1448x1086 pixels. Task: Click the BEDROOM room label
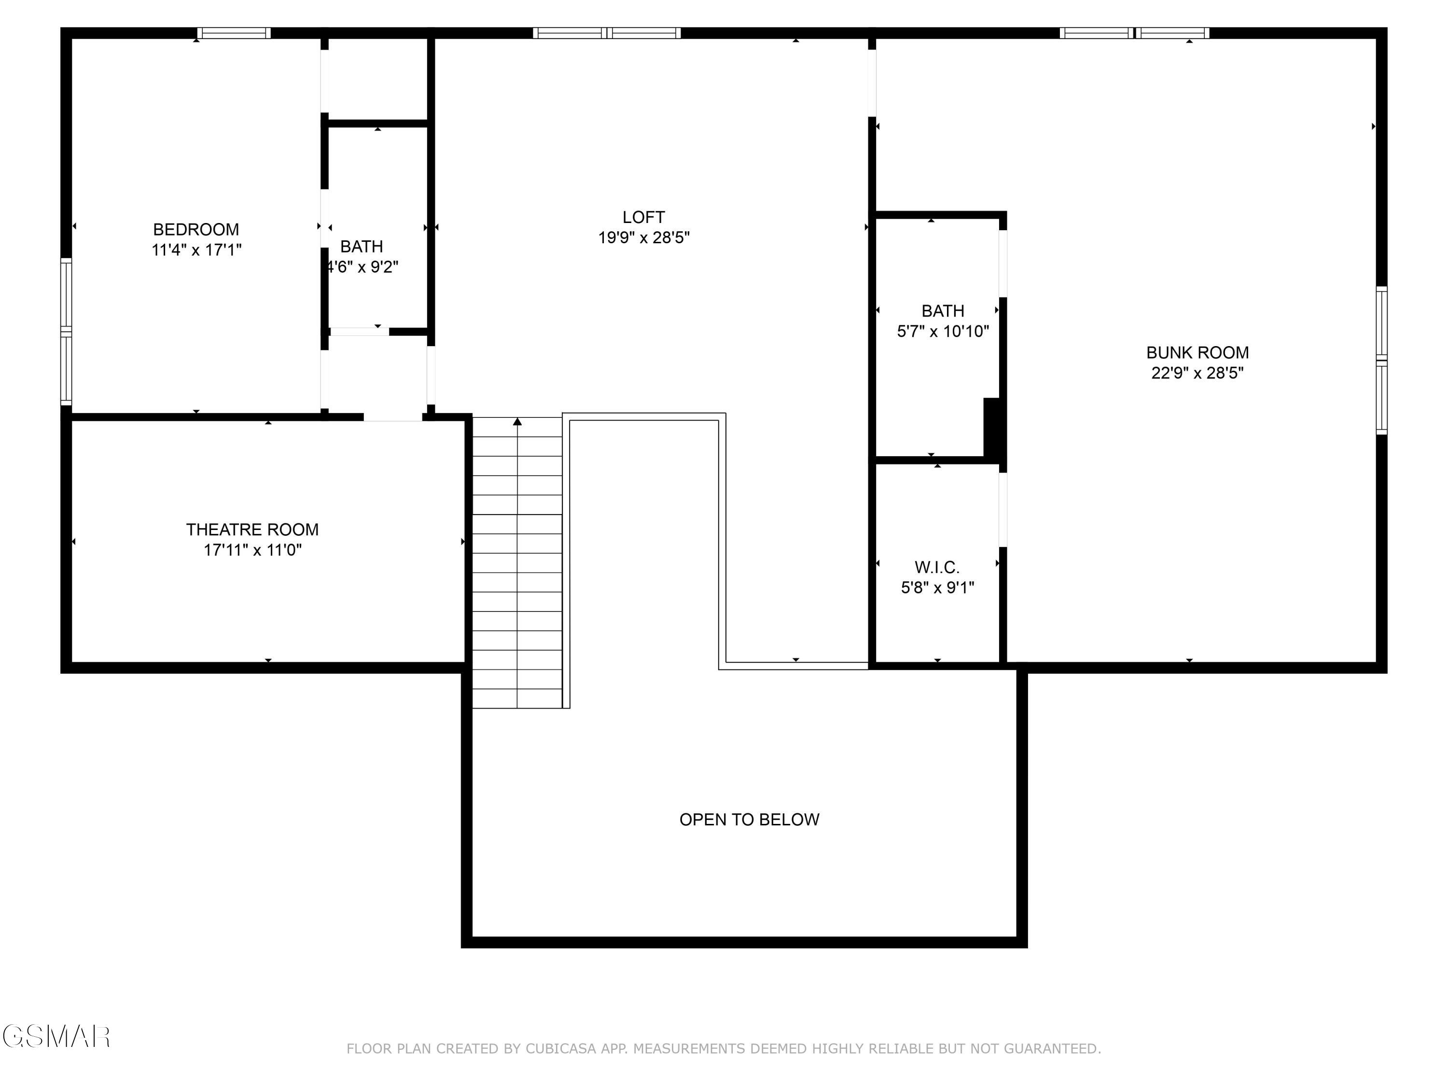coord(196,230)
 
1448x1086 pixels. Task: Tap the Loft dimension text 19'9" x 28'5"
coord(643,237)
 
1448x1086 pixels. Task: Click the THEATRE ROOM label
coord(252,529)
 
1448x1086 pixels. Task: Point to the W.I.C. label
coord(937,567)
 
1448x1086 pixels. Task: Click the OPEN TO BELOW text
coord(749,820)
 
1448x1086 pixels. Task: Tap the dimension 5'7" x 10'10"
coord(943,331)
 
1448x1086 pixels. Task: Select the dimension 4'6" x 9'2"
coord(362,267)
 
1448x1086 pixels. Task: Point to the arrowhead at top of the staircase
coord(517,421)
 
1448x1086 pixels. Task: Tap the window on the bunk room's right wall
coord(1381,360)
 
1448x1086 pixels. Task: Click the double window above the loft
coord(606,33)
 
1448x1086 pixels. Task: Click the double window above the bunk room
coord(1134,33)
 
